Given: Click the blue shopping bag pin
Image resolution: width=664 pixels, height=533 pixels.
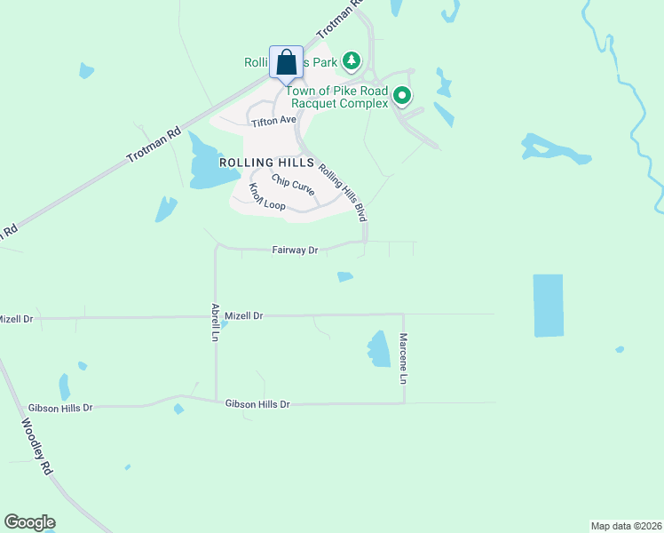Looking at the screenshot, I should [286, 63].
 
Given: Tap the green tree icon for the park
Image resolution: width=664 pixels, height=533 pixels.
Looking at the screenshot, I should [352, 60].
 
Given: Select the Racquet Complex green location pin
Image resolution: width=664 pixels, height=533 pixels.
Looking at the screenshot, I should [402, 94].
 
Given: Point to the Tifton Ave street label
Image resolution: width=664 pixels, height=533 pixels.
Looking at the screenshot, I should [273, 120].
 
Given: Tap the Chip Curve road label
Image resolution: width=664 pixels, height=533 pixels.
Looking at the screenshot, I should [293, 186].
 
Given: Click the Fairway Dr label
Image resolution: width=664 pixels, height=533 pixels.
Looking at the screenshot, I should [295, 251].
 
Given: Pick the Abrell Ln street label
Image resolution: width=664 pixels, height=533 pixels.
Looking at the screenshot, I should [215, 323].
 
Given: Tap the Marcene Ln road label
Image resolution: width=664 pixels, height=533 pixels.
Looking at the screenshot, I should [403, 359].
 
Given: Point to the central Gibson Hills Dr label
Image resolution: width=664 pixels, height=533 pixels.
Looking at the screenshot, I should [257, 403].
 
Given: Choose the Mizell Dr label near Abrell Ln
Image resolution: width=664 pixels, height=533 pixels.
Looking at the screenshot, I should [244, 315].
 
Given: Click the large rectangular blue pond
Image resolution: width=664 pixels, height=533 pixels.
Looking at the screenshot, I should [548, 305].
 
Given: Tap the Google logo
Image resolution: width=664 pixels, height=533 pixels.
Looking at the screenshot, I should [29, 522].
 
